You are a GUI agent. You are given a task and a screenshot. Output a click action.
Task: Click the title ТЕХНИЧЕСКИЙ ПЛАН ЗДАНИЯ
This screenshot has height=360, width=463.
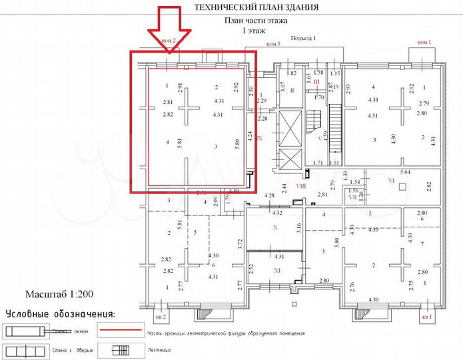coord(256,7)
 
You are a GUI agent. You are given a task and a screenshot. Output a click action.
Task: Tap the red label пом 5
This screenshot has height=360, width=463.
coord(274,43)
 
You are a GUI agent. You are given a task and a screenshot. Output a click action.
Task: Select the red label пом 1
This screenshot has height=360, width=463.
coord(424,43)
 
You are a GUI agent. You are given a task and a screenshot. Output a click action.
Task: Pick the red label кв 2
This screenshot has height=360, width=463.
coord(160,317)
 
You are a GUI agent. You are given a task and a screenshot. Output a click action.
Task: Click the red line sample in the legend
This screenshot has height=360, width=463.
coord(120,330)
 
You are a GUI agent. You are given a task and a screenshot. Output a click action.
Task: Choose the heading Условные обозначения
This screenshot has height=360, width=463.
coord(59,313)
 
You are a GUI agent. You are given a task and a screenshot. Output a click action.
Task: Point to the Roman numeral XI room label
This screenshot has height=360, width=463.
coord(278,270)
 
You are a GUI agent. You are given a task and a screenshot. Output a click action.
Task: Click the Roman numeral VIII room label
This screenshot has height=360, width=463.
coord(300,187)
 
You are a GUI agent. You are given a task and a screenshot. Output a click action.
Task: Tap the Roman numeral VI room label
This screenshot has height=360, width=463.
coord(391,181)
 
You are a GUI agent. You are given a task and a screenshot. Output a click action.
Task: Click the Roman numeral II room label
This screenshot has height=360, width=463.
coord(291,89)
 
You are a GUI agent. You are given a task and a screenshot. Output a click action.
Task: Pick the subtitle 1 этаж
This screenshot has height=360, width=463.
coord(256,31)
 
